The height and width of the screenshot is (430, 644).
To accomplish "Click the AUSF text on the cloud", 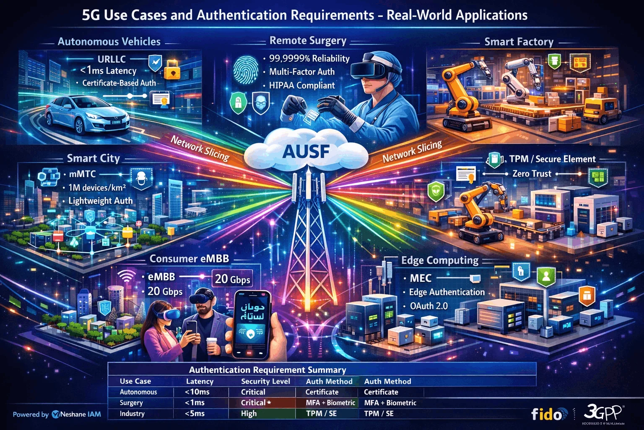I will (306, 151).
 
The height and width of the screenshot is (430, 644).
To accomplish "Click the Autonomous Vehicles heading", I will (109, 42).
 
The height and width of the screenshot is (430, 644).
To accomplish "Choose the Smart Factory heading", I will (519, 42).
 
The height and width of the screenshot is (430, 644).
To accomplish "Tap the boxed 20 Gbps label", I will (233, 279).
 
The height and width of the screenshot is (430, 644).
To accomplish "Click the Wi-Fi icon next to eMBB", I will (127, 277).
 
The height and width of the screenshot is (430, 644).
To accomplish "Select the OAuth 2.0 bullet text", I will (428, 306).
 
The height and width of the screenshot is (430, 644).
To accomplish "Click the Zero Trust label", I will (532, 173).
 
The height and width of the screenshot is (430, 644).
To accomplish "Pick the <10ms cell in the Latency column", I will (197, 392).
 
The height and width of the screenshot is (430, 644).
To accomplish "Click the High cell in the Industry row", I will (249, 414).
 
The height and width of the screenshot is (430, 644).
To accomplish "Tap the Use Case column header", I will (135, 381).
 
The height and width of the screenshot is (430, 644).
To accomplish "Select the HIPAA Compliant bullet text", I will (302, 86).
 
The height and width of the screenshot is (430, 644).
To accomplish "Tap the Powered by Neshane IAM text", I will (57, 414).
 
